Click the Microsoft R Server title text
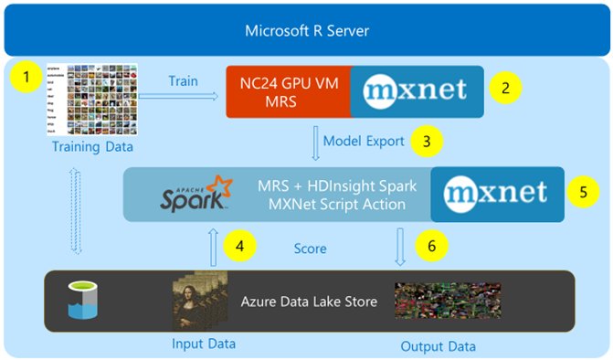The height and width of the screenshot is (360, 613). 307,32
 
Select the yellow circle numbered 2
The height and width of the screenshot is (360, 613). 503,89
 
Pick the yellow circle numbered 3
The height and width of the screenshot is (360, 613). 425,141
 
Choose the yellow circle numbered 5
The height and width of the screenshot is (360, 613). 582,193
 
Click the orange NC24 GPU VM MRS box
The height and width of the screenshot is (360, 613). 288,90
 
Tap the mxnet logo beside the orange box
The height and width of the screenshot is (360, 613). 416,90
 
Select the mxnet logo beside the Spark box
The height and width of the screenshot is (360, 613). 496,193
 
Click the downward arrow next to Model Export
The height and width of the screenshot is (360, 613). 314,142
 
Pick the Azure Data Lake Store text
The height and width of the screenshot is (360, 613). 309,301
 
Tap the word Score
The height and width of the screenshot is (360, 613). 311,248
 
